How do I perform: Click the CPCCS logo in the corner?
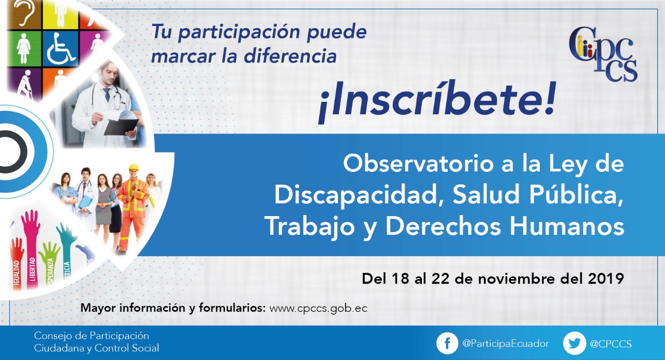coord(603,54)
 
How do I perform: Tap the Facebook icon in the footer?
coord(447,344)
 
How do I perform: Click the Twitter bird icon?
coord(575,344)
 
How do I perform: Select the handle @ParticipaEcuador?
coord(506,344)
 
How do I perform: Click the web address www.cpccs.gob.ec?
coord(318,309)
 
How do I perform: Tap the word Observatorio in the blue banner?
coord(418,164)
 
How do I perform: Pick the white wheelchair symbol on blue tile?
coord(61,49)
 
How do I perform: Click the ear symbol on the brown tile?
coord(24,13)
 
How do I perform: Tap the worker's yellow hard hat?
coord(134,167)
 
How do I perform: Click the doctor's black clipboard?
coord(121,127)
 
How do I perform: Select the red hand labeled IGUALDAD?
coord(17,263)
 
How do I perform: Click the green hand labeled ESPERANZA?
coord(49,264)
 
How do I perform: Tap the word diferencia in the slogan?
coord(290,56)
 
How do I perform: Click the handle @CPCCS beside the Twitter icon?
coord(610,344)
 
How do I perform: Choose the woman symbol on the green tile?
coord(24,48)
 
